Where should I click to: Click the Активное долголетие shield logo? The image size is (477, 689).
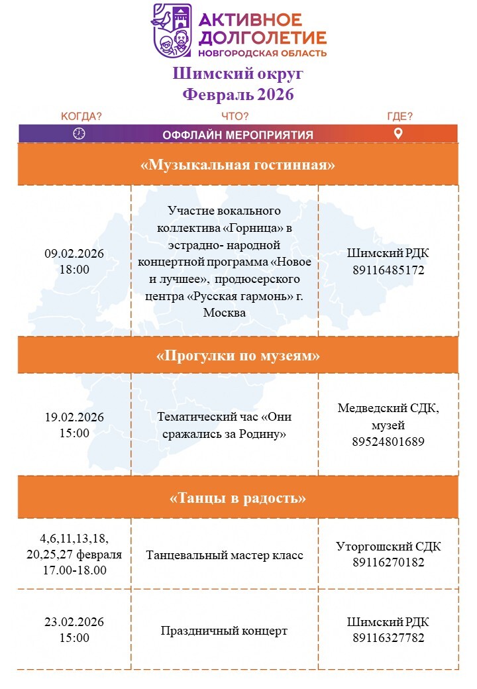[172, 30]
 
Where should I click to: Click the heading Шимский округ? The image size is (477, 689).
[238, 74]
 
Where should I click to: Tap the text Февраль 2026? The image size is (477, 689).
[238, 94]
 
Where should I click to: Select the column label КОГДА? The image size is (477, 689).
[81, 117]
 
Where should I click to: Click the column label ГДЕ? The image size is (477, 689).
[399, 117]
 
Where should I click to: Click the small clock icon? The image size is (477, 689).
[79, 134]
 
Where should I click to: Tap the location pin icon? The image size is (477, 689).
[398, 134]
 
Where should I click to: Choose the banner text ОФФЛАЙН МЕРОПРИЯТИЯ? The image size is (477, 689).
[238, 135]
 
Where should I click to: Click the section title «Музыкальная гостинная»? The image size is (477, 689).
[238, 165]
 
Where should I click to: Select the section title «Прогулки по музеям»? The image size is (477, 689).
[238, 356]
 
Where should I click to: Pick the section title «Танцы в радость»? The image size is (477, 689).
[238, 498]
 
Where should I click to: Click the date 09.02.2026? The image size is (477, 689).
[74, 254]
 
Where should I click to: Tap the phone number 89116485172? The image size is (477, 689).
[388, 270]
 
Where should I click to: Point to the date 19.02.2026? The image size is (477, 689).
[74, 417]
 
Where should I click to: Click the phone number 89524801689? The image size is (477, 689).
[388, 441]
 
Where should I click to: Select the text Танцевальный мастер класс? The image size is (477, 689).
[225, 555]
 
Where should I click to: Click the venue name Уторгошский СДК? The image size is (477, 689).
[388, 547]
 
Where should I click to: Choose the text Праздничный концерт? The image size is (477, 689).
[224, 631]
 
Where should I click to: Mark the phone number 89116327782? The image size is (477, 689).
[388, 638]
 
